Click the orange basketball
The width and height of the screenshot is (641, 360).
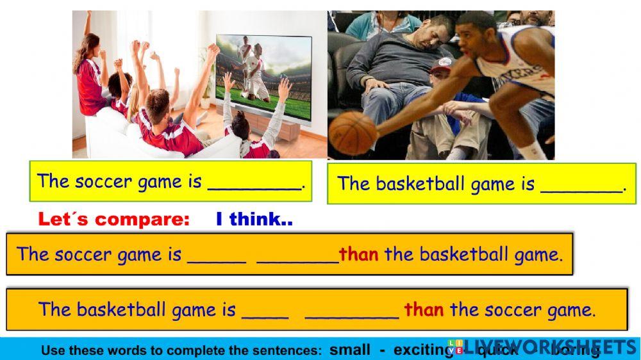tap(353, 133)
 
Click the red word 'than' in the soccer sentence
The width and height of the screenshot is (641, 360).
tap(358, 254)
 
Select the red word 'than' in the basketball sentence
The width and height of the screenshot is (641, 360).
tap(423, 310)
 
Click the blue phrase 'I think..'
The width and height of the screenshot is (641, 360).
tap(254, 220)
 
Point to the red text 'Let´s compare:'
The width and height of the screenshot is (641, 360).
tap(114, 220)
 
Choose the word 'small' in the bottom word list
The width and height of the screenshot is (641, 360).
tap(349, 350)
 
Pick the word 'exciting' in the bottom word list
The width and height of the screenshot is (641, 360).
tap(423, 350)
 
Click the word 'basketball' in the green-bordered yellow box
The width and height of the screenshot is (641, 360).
tap(420, 184)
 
